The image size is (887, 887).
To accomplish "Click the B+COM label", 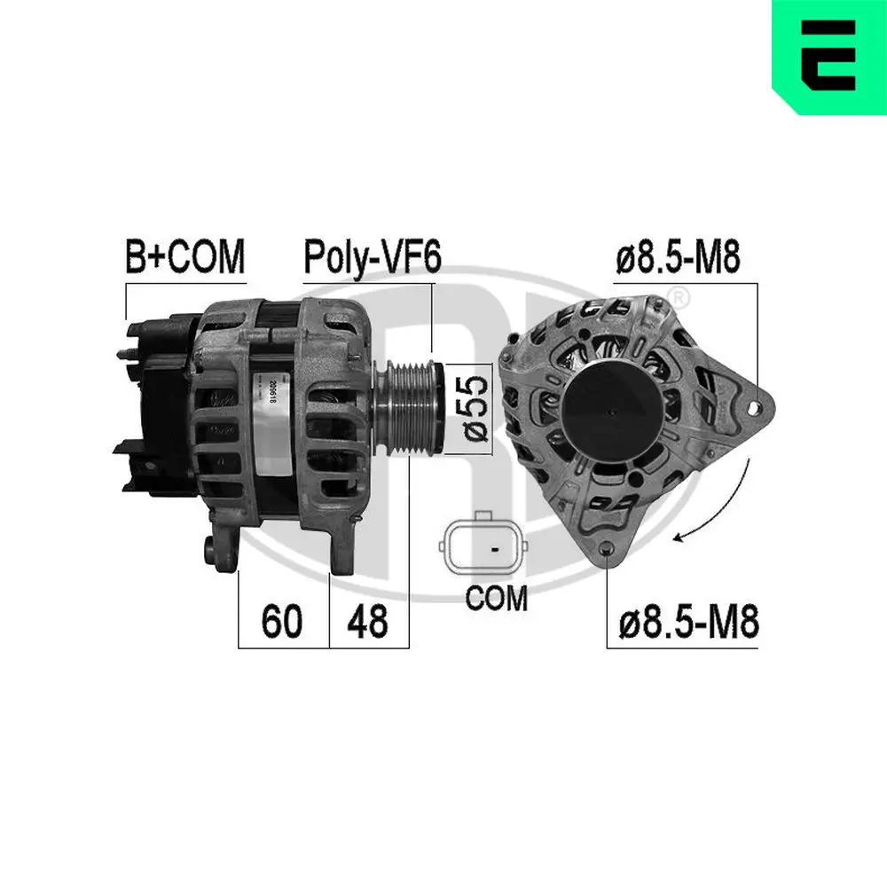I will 184,256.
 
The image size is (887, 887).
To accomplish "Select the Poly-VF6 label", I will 373,256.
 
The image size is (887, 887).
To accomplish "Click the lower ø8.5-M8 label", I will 689,622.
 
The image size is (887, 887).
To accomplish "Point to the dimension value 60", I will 282,622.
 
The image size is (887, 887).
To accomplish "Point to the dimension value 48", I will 367,622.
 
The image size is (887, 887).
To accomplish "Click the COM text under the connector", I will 497,598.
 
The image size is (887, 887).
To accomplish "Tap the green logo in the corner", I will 828,57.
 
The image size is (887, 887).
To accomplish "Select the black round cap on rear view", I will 613,409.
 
